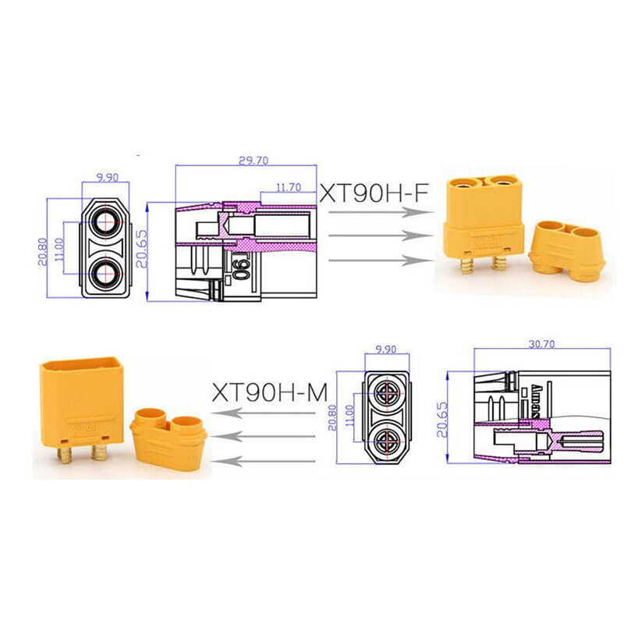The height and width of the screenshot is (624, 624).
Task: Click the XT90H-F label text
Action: [x=375, y=193]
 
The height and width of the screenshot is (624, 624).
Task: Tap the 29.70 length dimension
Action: [x=251, y=161]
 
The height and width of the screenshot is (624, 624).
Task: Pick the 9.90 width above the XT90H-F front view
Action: [x=107, y=177]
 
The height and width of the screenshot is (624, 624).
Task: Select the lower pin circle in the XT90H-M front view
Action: [x=387, y=443]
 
